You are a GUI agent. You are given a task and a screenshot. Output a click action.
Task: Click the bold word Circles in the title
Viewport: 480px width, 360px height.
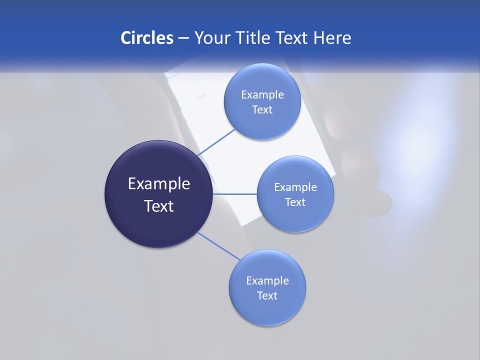(146, 38)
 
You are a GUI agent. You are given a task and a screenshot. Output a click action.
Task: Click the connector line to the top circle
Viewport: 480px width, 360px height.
(217, 142)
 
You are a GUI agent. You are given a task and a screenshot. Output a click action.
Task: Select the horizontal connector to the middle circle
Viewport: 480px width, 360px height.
(235, 194)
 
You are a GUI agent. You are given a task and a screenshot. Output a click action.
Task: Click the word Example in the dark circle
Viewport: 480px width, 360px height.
(159, 184)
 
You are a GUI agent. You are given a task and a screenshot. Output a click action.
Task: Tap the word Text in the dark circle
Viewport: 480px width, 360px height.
(159, 206)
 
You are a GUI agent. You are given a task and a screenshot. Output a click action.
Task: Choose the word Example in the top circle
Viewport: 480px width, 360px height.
(262, 95)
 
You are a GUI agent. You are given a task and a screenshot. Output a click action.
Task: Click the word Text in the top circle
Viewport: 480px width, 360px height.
(262, 110)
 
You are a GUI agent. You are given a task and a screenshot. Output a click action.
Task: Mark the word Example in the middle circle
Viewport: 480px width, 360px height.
(295, 187)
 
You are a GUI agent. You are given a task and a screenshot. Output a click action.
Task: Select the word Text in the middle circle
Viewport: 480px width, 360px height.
(295, 202)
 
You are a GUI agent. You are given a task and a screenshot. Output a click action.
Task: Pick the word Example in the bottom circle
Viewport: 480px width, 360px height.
(267, 281)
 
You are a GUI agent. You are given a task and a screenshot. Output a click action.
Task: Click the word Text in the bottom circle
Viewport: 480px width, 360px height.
(267, 296)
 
